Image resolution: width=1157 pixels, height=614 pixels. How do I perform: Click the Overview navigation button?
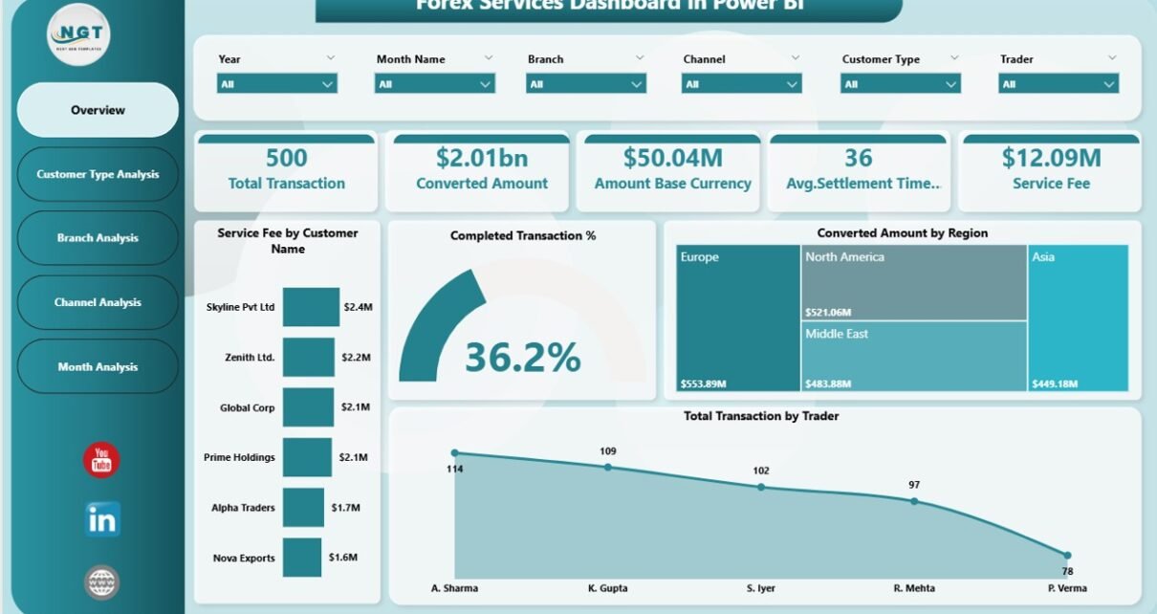[98, 110]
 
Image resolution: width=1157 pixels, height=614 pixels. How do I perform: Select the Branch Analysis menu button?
[98, 238]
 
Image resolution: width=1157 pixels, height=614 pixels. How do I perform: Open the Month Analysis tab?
[98, 367]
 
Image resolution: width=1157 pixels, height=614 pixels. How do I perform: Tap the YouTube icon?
[101, 460]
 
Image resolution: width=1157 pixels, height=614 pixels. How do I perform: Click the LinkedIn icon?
[101, 519]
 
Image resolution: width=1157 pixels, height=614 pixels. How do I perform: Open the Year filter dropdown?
[277, 84]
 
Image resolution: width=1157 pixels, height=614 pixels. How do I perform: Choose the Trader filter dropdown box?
[1058, 84]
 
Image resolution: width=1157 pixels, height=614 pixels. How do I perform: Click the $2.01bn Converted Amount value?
[482, 158]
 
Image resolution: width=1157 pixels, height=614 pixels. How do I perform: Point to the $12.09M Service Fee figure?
[1051, 158]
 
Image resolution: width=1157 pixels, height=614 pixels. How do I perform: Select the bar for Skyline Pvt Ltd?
[311, 307]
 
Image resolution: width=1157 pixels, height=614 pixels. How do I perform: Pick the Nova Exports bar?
[301, 558]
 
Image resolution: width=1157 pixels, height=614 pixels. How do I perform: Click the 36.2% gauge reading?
[522, 358]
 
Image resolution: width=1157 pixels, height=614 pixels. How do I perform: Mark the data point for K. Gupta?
[608, 468]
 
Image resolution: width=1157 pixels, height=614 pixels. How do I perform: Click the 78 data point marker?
[1067, 555]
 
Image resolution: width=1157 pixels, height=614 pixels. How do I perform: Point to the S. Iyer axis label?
[761, 588]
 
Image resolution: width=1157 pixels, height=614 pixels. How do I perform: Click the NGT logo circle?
[79, 34]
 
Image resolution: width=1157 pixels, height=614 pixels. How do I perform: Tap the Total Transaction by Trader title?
[761, 416]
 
